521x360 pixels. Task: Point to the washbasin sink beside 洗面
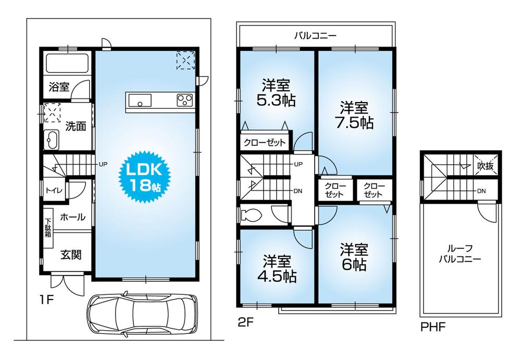tap(53, 140)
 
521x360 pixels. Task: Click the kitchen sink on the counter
tap(140, 101)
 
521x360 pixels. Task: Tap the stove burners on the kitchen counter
tap(184, 100)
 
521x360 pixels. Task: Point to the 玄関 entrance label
tap(70, 255)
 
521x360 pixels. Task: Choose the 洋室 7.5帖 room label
tap(354, 115)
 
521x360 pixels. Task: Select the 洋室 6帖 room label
tap(354, 256)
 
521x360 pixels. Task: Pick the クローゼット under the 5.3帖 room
tap(264, 142)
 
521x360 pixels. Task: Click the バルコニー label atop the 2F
tap(315, 36)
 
